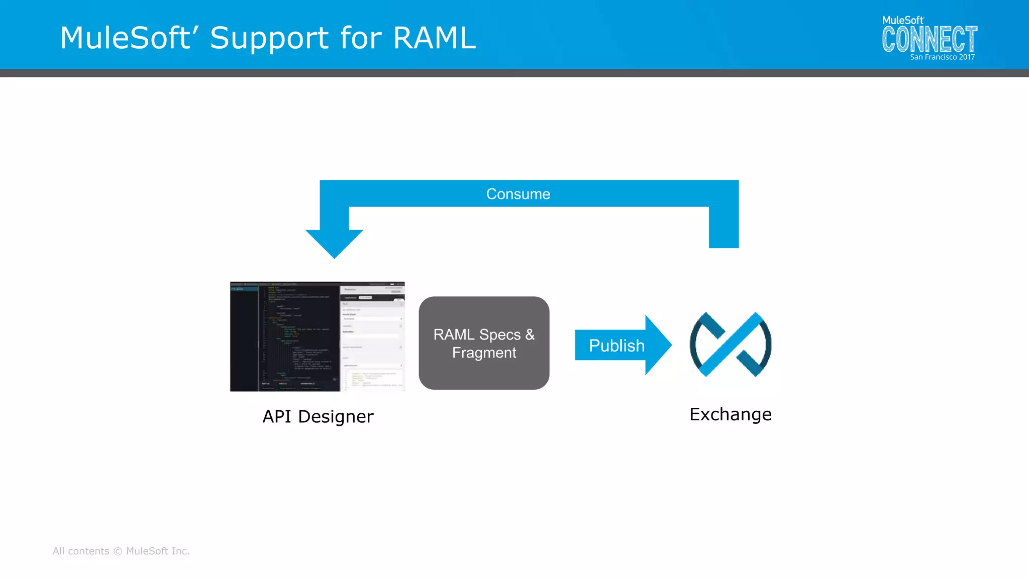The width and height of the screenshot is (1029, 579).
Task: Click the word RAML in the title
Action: (434, 38)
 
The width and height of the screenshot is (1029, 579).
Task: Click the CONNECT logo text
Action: (929, 40)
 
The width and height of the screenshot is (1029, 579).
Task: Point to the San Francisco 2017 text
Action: (942, 57)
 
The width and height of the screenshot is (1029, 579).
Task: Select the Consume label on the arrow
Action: (518, 194)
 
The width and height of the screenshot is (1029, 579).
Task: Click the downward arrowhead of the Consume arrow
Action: (334, 243)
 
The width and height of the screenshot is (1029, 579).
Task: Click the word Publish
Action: (616, 345)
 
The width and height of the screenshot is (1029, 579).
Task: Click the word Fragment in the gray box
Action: (484, 353)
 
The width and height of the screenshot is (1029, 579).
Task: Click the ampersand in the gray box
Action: (530, 334)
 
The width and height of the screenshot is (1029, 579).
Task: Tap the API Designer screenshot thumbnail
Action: (317, 336)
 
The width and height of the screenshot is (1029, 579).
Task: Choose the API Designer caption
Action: (318, 416)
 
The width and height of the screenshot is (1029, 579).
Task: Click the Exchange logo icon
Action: (731, 344)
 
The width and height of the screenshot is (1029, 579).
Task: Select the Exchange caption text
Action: (730, 414)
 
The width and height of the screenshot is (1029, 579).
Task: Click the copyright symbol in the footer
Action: (118, 551)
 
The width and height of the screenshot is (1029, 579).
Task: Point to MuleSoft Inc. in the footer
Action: (158, 551)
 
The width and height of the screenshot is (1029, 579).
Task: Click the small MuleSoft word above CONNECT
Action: (902, 21)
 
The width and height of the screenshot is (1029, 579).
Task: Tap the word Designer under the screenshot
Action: (336, 416)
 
